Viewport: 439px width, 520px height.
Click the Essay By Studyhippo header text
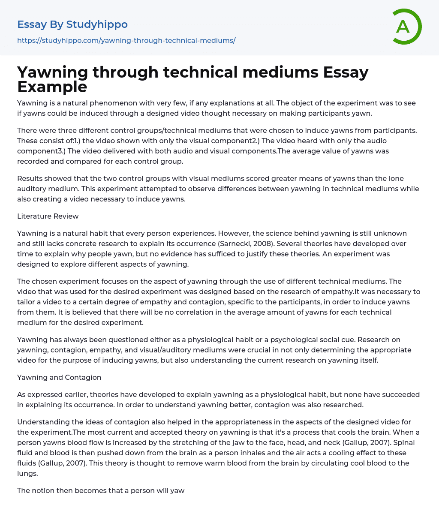tap(72, 24)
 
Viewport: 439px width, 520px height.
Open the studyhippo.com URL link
tap(126, 40)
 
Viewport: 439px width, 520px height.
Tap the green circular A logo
tap(405, 27)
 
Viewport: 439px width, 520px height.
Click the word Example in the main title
tap(52, 87)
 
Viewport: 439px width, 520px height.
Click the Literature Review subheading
tap(48, 216)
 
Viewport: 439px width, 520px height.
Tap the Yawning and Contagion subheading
tap(59, 377)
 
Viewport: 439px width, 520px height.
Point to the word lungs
tap(27, 473)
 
